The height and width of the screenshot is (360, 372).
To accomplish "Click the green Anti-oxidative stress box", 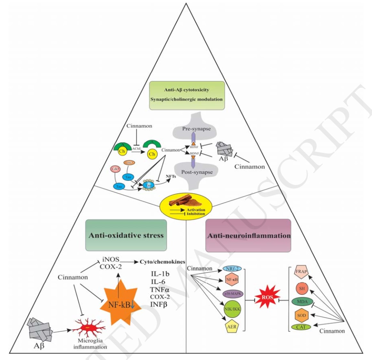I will pos(126,235).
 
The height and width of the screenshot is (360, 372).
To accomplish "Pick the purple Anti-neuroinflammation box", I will pos(249,236).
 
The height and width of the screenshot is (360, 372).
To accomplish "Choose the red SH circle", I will pos(302,288).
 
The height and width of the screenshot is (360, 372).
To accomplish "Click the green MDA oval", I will pos(301,302).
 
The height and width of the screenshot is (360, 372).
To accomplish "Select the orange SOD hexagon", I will pos(302,316).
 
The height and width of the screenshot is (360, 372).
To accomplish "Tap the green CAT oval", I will pos(301,327).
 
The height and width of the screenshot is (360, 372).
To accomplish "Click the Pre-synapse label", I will pos(196,129).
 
